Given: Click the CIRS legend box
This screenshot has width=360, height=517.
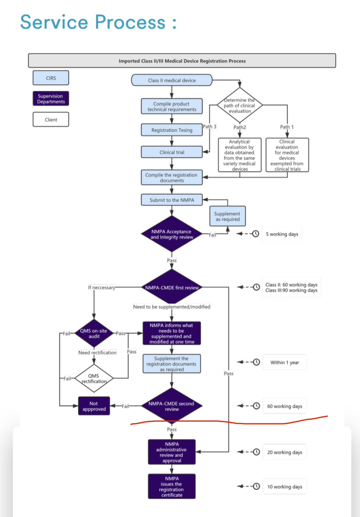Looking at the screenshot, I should [x=51, y=78].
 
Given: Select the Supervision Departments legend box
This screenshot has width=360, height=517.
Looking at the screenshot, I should [x=51, y=99].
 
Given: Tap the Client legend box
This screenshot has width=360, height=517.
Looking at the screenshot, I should [x=51, y=120].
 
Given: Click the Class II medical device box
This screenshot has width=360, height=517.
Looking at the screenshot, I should [x=172, y=80].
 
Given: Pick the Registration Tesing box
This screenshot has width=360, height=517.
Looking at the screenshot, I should [x=172, y=130].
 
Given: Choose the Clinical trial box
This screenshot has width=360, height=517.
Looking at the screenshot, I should [x=172, y=152].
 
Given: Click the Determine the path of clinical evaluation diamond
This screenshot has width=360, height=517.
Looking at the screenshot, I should [x=239, y=105].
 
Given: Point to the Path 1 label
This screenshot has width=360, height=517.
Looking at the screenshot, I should [x=287, y=127].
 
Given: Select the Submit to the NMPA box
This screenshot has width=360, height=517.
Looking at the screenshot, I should [x=172, y=200].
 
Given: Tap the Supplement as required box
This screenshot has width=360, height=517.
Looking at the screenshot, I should [x=227, y=216].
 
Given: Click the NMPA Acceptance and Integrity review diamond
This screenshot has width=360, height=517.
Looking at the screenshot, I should [x=172, y=234].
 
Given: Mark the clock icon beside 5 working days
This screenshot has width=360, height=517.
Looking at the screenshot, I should [x=255, y=234].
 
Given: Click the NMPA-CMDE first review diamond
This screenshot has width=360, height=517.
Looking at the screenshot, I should [x=172, y=288].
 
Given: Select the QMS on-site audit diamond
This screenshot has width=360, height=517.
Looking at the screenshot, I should [x=94, y=334].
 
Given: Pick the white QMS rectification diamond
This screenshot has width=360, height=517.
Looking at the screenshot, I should [x=94, y=378].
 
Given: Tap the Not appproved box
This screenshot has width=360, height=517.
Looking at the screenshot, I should [x=94, y=406].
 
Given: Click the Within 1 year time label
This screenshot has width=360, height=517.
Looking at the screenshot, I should [x=285, y=362].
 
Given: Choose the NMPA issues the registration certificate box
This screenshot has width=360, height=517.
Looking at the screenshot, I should [x=172, y=487].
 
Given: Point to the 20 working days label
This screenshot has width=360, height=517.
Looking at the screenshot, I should [x=285, y=452].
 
